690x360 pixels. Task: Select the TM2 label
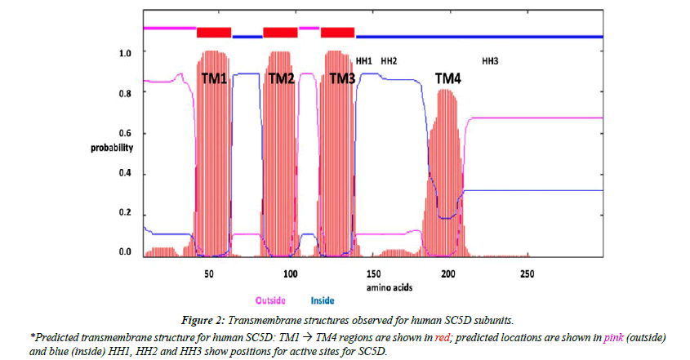(x=281, y=78)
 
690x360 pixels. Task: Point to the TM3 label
(x=342, y=78)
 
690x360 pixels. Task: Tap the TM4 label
(x=447, y=78)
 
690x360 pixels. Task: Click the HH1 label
(x=364, y=61)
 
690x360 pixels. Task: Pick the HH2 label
(x=389, y=61)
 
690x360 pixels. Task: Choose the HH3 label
(x=490, y=61)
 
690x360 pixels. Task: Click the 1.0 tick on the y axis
(x=126, y=52)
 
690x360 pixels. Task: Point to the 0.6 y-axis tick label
(x=126, y=133)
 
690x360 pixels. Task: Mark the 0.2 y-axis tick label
(x=126, y=213)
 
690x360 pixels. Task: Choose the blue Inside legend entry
(x=323, y=300)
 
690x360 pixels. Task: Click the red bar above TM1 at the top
(x=214, y=32)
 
